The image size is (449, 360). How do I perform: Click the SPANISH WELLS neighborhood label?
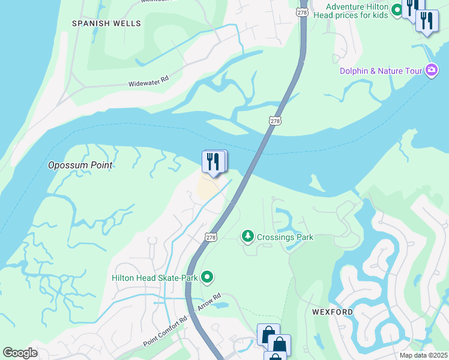point(106,23)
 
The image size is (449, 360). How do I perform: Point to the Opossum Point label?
point(80,165)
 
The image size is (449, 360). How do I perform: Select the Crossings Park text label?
point(285,237)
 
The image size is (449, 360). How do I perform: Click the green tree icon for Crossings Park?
point(247,237)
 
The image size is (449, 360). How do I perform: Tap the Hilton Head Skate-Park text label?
point(155,277)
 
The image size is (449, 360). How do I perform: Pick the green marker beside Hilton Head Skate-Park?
point(207,277)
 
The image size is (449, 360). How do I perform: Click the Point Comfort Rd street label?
point(165,332)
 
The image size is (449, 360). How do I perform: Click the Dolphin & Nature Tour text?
point(381,71)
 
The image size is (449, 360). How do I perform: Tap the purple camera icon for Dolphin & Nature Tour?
point(431,71)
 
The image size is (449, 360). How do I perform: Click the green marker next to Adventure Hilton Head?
point(396,10)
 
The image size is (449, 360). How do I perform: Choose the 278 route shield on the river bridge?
point(275,120)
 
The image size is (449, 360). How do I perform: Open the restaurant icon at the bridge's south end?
point(213,162)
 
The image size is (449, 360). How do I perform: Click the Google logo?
point(20,353)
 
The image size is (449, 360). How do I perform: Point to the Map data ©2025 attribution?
point(423,355)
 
